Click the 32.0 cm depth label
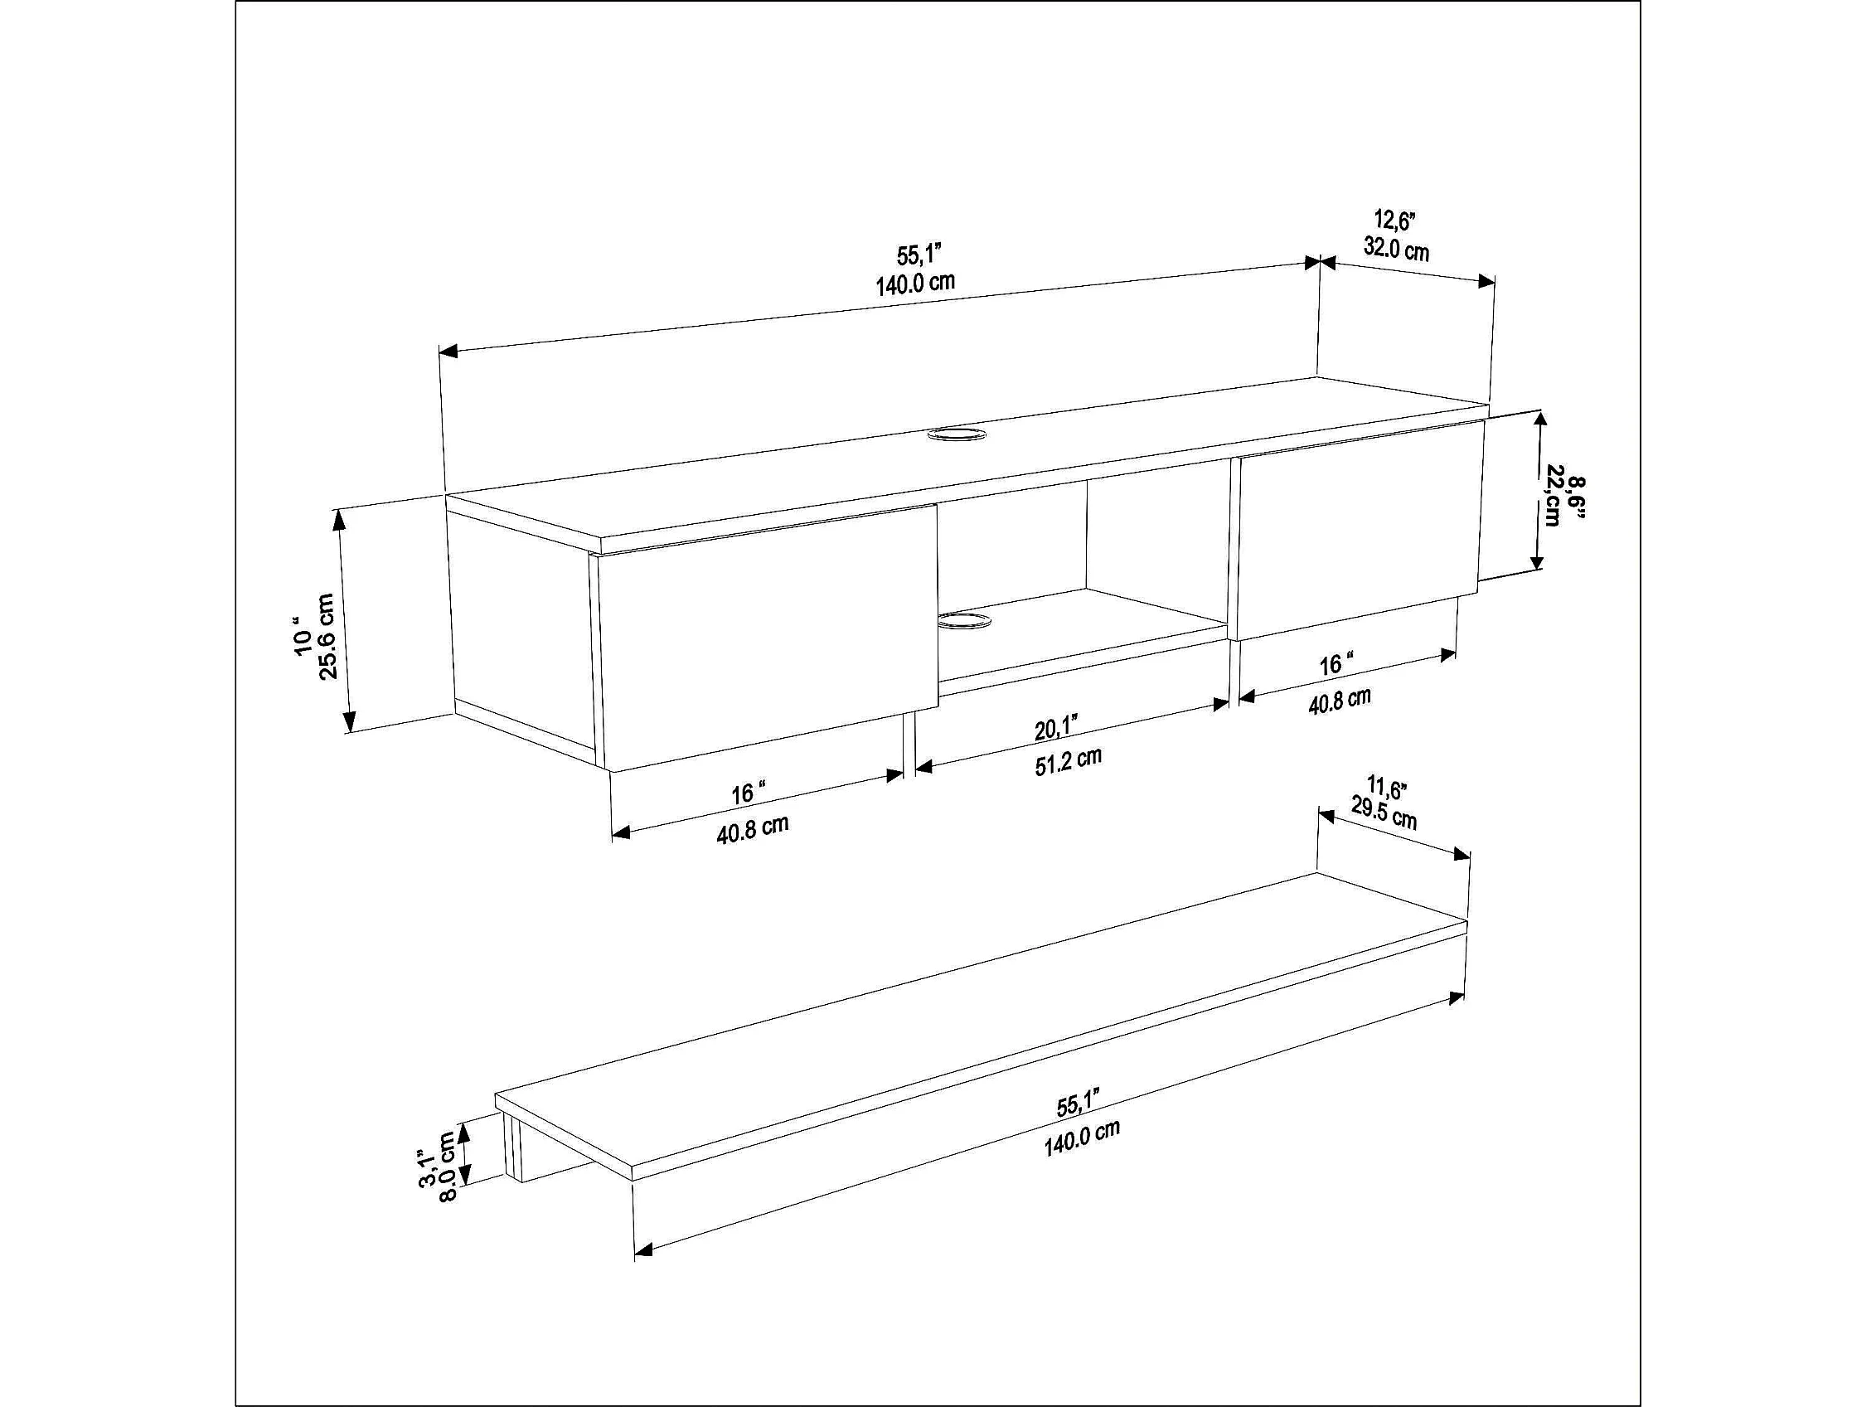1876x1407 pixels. click(1396, 249)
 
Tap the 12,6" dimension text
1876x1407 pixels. click(1394, 220)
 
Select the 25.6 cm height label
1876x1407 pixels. click(327, 636)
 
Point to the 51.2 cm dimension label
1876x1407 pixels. click(1068, 761)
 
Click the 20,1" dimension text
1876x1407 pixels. click(1056, 729)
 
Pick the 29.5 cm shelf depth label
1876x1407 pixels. click(1384, 813)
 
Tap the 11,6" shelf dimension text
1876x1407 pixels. click(1387, 787)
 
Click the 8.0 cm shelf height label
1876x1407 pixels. click(448, 1167)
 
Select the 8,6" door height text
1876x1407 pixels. click(1577, 496)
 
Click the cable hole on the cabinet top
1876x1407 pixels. click(957, 435)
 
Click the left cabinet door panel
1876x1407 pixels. click(768, 638)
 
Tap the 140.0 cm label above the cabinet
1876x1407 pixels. click(915, 283)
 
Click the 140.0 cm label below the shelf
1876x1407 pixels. click(1081, 1138)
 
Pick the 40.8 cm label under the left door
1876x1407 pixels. click(752, 828)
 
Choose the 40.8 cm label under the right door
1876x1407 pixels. click(1339, 701)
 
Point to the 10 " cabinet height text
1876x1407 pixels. click(303, 636)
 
